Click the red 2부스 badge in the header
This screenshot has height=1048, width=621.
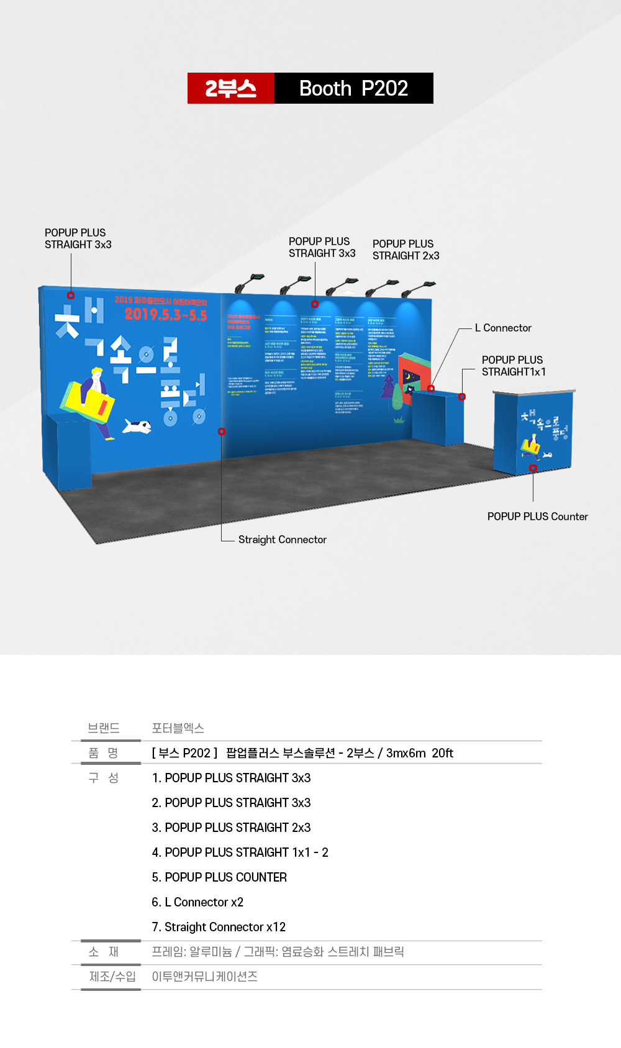[231, 88]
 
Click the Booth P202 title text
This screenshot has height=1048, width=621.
[353, 88]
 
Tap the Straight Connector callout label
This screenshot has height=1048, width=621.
[282, 540]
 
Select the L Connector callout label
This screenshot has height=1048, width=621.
[503, 328]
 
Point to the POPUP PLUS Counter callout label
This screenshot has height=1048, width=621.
[537, 517]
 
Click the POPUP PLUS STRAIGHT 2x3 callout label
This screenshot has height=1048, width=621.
[406, 250]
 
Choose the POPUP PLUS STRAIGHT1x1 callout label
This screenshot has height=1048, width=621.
[513, 366]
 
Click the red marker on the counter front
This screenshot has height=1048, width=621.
[533, 468]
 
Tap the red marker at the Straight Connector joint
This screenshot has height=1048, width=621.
[222, 431]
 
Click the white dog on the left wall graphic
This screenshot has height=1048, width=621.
[137, 426]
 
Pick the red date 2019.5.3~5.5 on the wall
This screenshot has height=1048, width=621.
[166, 314]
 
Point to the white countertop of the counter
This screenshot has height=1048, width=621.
[534, 392]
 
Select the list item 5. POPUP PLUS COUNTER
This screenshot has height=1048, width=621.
[219, 877]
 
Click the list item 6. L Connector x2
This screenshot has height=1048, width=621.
[197, 902]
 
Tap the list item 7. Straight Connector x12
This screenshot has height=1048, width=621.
[219, 927]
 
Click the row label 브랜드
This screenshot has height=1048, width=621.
[104, 728]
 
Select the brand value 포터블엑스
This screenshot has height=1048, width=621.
[178, 728]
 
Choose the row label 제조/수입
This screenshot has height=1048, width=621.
[112, 977]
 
